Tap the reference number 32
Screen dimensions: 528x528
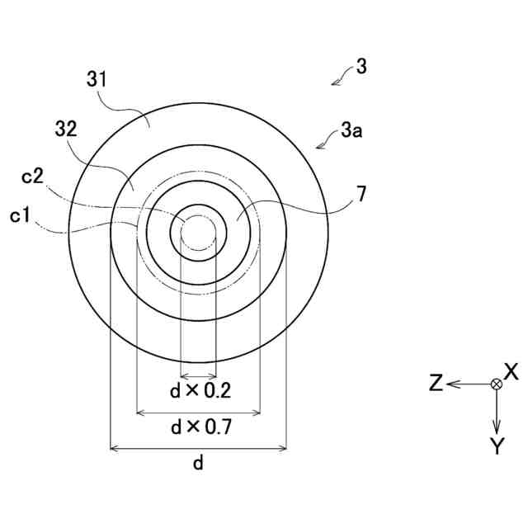67,130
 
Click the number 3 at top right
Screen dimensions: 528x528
361,66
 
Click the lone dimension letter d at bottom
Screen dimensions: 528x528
198,464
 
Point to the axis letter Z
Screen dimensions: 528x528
437,383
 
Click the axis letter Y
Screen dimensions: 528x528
496,446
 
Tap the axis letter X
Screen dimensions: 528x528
510,370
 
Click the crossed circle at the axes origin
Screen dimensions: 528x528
496,384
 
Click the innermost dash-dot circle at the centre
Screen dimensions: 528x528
197,233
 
